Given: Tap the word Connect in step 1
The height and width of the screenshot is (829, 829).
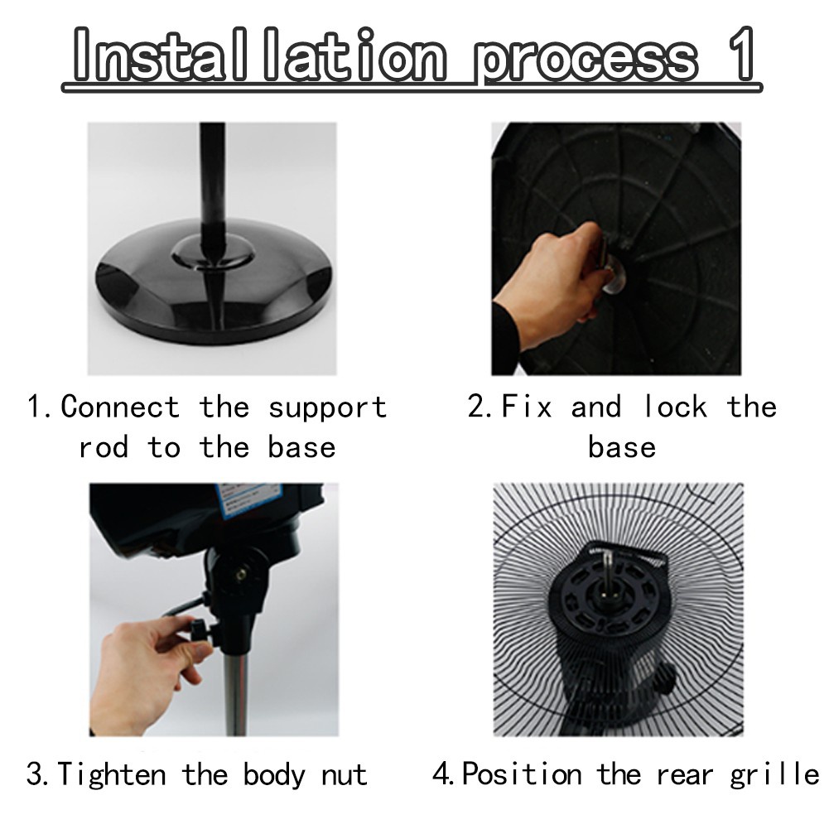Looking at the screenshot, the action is pos(120,407).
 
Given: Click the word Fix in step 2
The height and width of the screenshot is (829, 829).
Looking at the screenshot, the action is pos(526,407).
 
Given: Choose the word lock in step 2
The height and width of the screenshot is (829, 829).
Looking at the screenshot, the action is pos(675,407).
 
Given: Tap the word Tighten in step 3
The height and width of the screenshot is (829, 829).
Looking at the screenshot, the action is pos(112,775).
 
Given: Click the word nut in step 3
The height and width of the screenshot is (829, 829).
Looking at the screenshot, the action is pos(345,775).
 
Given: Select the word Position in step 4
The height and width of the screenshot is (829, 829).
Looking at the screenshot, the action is pos(522,774).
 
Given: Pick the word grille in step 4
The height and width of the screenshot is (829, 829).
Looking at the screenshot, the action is pos(775,776).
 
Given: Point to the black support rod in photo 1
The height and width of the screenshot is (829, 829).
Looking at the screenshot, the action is pos(213,190).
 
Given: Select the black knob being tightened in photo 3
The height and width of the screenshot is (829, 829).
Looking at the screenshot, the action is pos(202,631).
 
